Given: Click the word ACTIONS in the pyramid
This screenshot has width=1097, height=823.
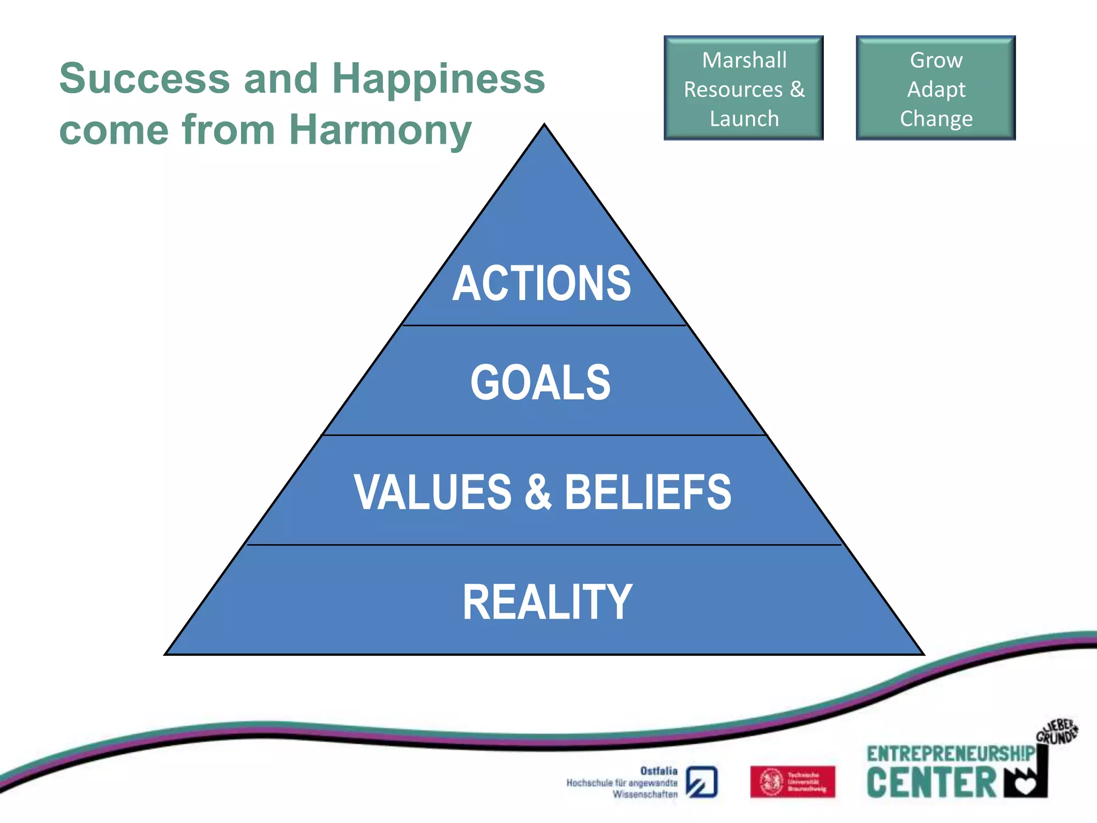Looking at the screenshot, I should [542, 283].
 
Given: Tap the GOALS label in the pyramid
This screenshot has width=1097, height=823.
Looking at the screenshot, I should [540, 383].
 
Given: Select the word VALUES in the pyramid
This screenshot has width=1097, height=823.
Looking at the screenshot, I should [433, 492].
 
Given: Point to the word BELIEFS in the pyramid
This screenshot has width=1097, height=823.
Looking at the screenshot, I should [648, 492].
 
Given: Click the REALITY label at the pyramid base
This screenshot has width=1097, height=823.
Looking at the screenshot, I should [547, 602].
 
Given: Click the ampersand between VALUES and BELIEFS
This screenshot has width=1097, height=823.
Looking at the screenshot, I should [538, 492].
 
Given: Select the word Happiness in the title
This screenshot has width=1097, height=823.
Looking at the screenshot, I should [438, 78].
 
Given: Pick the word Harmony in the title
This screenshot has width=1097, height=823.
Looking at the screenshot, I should [380, 130].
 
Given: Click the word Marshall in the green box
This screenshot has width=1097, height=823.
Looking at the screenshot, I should [744, 60].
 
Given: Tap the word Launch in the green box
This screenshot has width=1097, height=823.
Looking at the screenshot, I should [744, 118].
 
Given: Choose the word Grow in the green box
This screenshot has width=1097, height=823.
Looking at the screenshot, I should [936, 60].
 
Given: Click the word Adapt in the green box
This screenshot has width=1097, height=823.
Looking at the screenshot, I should [936, 89].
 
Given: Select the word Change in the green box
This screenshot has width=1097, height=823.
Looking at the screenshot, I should [936, 118].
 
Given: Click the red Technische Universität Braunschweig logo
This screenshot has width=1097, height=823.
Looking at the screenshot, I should [792, 782].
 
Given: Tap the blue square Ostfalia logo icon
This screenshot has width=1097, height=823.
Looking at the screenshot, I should [702, 782].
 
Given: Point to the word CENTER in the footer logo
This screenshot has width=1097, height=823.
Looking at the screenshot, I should [931, 783].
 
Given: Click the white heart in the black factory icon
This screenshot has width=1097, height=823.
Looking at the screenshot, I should [1026, 786].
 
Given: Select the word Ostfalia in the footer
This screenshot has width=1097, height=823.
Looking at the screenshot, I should [659, 771].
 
